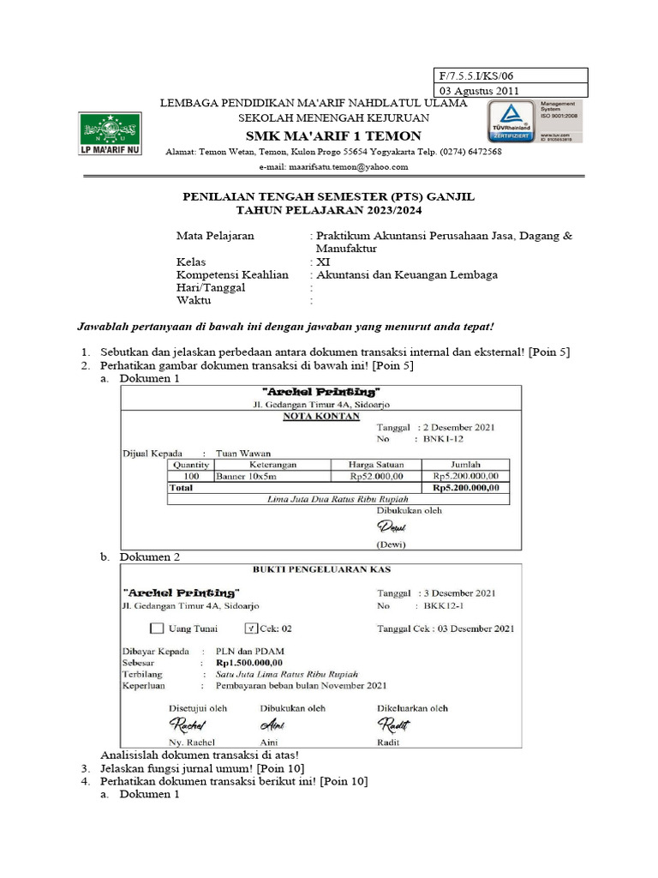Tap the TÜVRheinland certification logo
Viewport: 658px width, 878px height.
(x=511, y=122)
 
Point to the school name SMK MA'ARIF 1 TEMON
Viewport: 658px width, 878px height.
(x=333, y=136)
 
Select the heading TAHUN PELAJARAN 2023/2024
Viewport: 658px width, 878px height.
(x=329, y=210)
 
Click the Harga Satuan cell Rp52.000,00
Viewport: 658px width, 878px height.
(x=374, y=475)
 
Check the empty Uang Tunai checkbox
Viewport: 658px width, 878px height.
(x=156, y=628)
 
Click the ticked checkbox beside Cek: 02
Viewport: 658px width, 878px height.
(x=251, y=628)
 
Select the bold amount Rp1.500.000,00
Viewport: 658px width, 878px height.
(x=249, y=663)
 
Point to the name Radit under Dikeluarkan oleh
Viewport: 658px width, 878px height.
(x=389, y=742)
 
